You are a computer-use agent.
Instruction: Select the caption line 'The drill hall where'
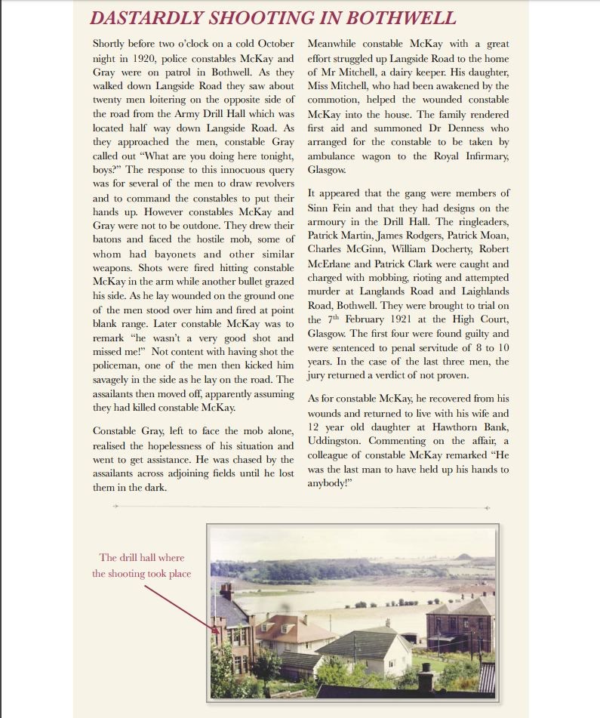pyautogui.click(x=141, y=558)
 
